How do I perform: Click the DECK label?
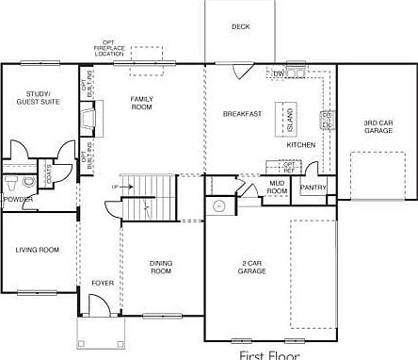[240, 27]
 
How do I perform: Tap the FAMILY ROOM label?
[141, 103]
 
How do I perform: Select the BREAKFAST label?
[242, 114]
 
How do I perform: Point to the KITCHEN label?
[300, 145]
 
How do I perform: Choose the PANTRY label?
[313, 188]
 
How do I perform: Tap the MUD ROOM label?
[278, 187]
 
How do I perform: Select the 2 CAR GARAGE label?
[251, 268]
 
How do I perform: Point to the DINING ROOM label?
[161, 268]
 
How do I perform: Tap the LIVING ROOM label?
[38, 250]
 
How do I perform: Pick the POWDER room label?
[18, 200]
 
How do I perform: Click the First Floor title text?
[268, 354]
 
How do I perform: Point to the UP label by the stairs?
[115, 187]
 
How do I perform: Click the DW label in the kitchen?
[279, 73]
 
